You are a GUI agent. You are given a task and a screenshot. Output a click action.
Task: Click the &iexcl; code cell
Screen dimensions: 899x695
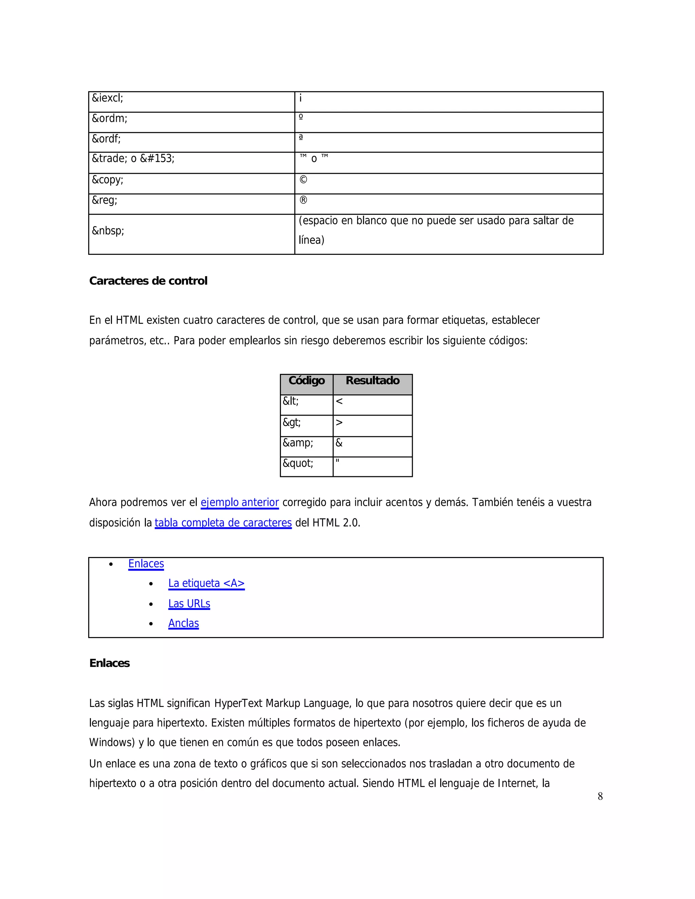108,98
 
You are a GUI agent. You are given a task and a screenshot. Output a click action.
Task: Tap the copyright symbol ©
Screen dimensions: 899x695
303,180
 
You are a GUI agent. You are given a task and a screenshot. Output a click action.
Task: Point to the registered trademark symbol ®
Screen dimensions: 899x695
303,200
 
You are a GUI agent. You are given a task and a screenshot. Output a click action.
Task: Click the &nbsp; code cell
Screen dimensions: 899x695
108,231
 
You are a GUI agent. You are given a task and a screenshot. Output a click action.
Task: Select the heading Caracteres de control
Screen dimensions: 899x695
148,281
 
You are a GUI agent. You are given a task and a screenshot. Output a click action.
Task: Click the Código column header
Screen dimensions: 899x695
306,381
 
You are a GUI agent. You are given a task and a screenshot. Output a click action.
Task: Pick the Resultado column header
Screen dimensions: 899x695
372,381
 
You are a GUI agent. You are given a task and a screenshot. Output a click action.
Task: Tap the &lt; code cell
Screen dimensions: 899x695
291,401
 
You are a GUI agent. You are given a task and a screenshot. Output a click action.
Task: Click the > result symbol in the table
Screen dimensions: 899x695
339,423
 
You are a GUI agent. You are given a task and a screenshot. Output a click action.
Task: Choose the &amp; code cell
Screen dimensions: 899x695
298,443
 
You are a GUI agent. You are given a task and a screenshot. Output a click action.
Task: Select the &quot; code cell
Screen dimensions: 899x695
298,464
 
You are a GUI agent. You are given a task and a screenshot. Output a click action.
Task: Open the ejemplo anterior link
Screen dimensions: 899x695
240,503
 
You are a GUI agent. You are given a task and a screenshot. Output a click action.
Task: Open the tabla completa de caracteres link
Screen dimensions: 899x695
223,523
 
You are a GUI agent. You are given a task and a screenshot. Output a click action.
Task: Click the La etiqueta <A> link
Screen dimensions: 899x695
206,584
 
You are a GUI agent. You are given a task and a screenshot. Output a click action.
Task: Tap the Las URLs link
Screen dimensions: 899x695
189,604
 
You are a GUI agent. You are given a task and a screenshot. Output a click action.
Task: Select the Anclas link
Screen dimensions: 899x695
183,624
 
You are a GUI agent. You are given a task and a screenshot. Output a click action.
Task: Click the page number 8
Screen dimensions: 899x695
600,797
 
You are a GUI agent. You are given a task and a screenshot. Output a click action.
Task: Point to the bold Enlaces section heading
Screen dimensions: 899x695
110,664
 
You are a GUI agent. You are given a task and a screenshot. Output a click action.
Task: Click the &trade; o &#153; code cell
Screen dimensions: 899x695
133,159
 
